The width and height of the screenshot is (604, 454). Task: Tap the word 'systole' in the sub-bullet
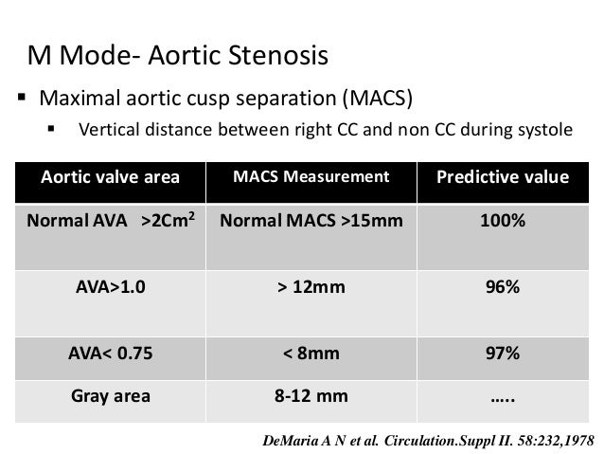pyautogui.click(x=542, y=130)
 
